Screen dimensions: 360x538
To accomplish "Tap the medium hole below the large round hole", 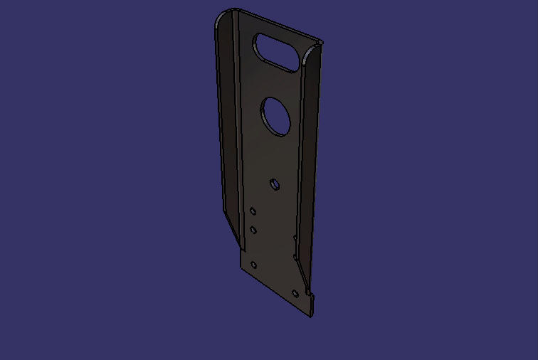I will (275, 184).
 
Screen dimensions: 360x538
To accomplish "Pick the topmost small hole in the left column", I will (253, 211).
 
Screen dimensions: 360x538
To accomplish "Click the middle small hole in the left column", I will (253, 229).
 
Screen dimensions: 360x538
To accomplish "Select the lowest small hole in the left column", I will (254, 265).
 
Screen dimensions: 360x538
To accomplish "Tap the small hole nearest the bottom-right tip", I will (296, 292).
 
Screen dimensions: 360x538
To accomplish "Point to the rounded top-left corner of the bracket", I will (223, 17).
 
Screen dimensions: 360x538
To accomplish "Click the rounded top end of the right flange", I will (313, 50).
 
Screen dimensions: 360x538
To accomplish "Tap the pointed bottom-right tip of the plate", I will (311, 314).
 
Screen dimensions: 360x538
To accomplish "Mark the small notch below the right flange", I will (307, 292).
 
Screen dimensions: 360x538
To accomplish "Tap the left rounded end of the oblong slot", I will (260, 43).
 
